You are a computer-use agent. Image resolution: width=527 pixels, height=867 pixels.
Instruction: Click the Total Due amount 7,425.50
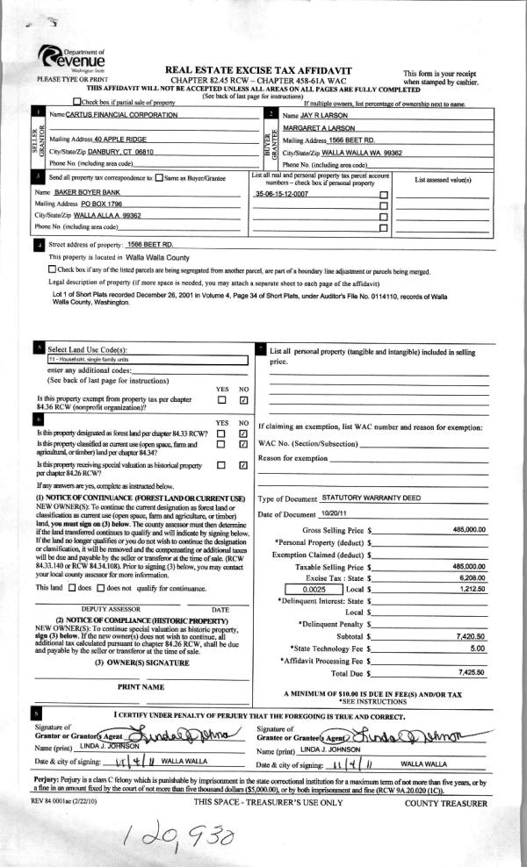tap(472, 671)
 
